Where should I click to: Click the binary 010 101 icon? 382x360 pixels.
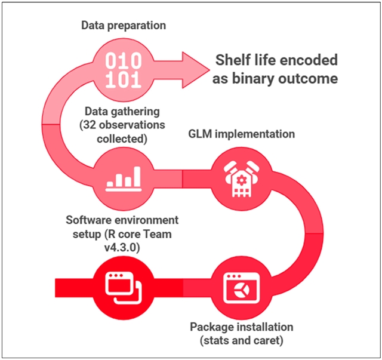tap(124, 70)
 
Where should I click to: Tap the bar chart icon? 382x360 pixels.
tap(124, 177)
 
